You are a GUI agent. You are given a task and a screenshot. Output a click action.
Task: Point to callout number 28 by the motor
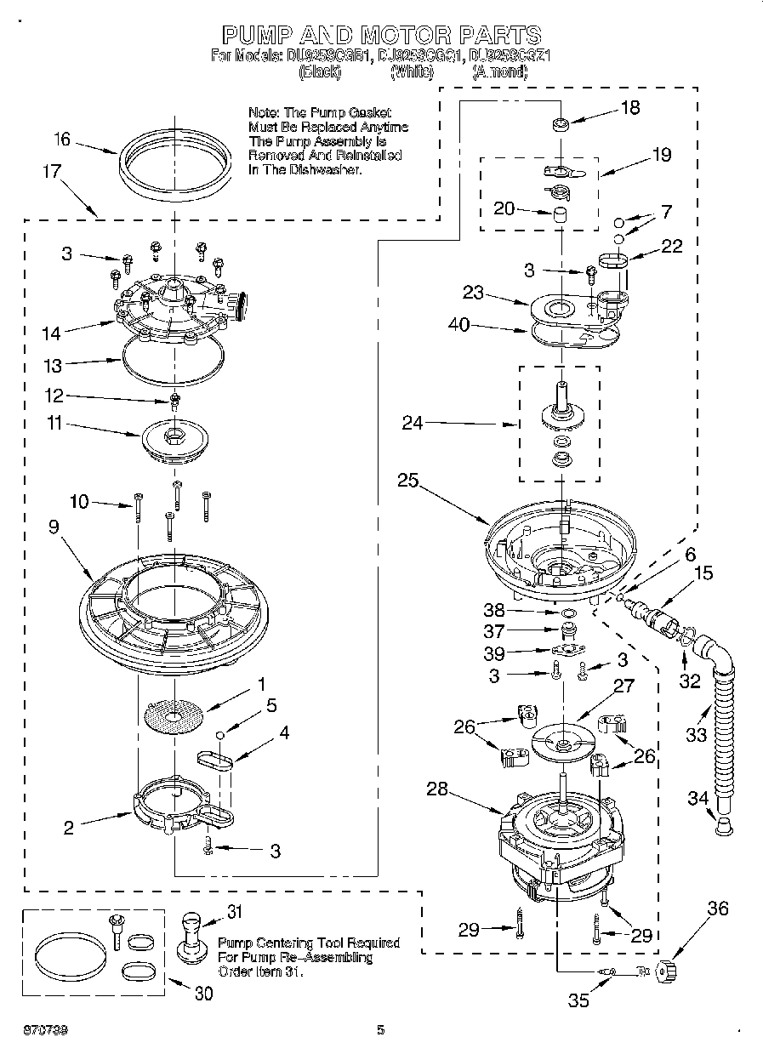437,789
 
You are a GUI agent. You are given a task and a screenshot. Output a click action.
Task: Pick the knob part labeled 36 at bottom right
666,970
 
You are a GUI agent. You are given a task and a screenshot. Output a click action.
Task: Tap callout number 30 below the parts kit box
203,993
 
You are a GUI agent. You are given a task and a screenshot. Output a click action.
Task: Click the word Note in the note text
262,112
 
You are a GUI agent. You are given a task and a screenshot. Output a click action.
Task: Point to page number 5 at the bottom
381,1030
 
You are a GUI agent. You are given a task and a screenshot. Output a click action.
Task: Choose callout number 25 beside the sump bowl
407,481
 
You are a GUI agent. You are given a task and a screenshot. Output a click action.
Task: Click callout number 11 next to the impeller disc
54,422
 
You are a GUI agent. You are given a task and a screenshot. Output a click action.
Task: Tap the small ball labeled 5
219,734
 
